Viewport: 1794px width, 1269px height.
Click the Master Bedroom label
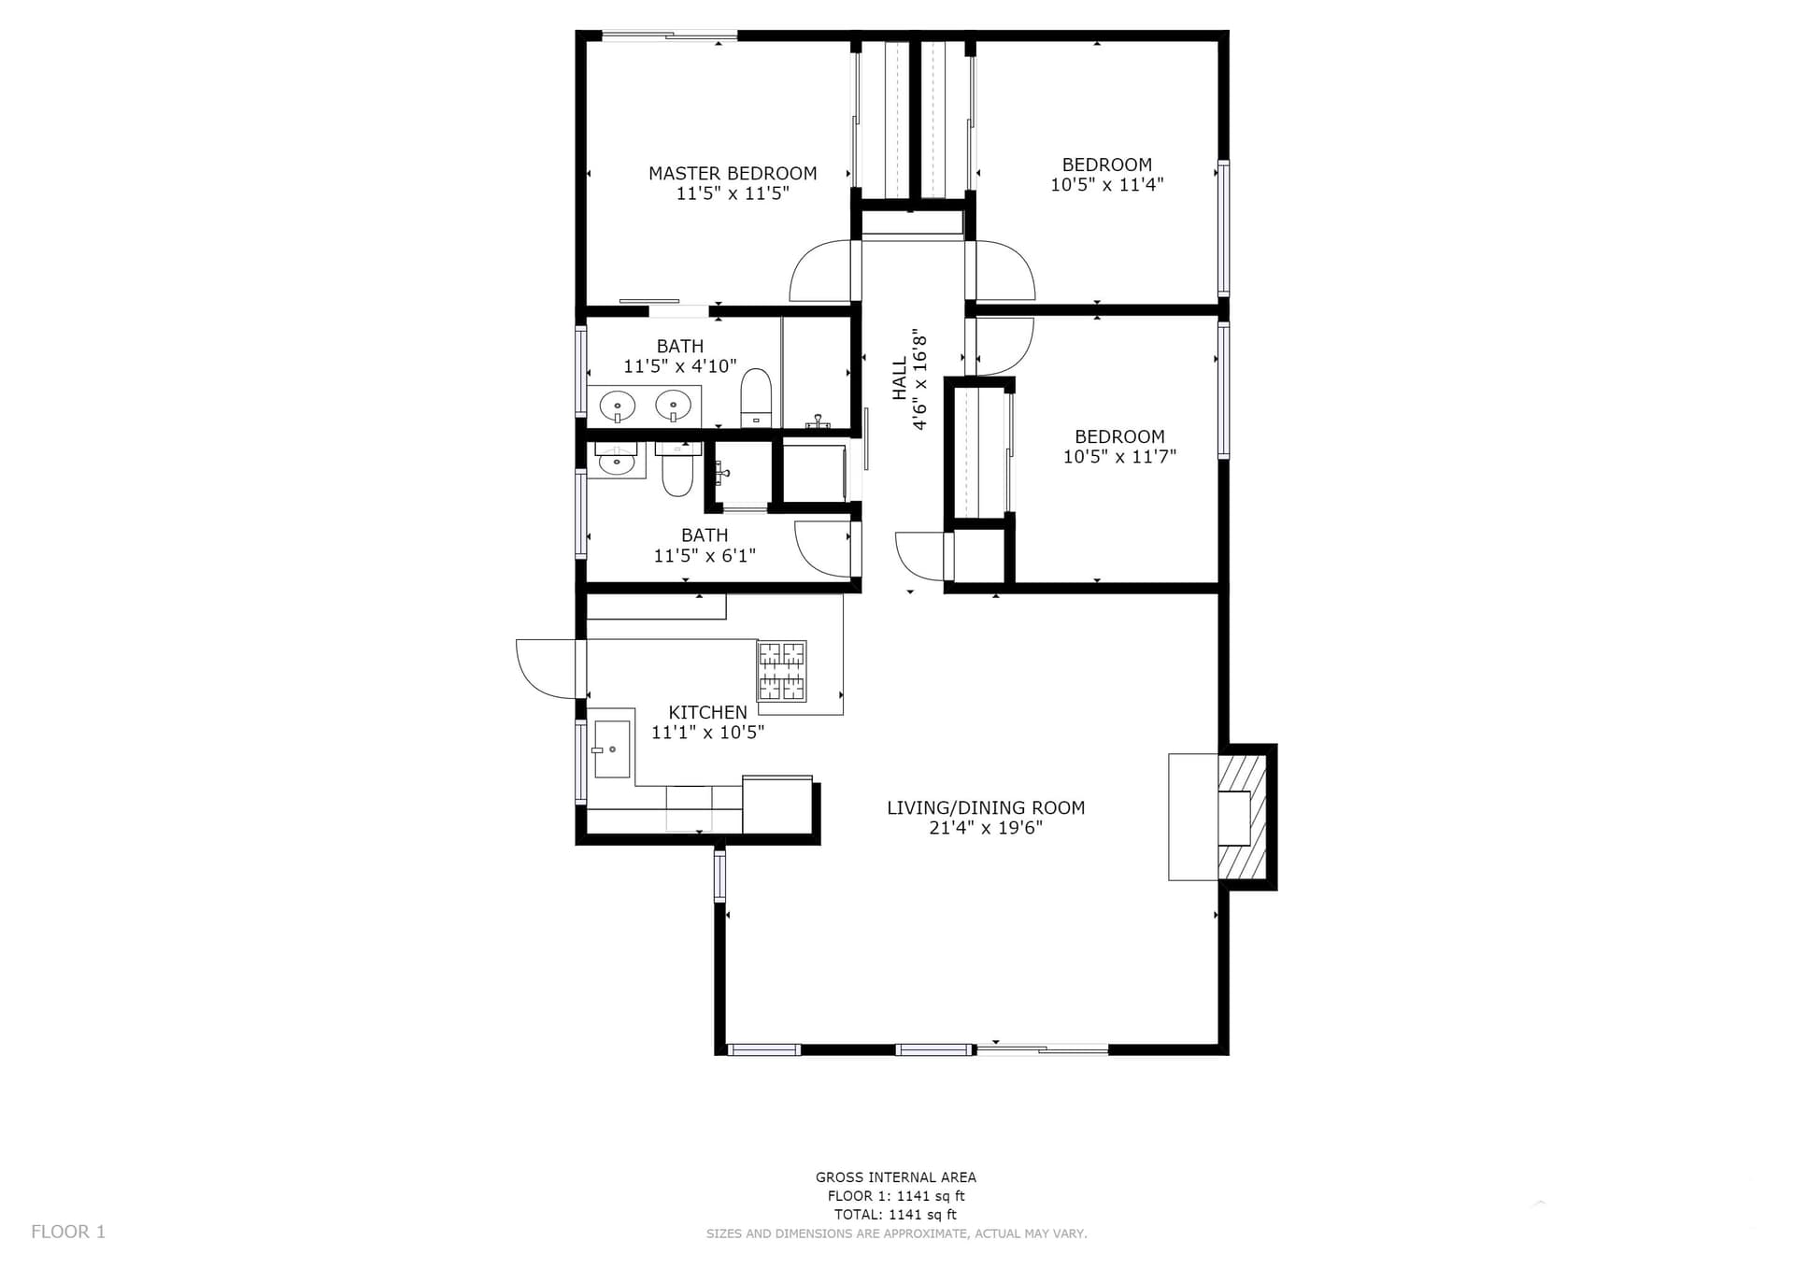pos(733,174)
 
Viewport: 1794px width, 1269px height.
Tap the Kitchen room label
pos(707,712)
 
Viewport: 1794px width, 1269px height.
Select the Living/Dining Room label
pos(986,807)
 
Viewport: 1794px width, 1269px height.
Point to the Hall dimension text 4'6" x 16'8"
pos(920,378)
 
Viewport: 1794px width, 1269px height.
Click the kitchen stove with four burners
pos(781,671)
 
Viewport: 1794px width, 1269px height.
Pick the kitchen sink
pos(612,749)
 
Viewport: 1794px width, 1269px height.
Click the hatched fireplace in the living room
pos(1241,818)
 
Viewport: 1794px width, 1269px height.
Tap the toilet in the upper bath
pos(756,397)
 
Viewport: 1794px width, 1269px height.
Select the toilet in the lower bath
pos(676,470)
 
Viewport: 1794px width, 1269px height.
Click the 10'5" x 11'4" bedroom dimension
pos(1106,185)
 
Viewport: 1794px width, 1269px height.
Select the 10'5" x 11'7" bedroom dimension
pos(1119,457)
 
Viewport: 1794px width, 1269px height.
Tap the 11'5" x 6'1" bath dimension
pos(705,556)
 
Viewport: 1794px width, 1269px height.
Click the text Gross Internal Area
pos(896,1177)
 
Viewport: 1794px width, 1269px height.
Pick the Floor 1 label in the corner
pos(68,1232)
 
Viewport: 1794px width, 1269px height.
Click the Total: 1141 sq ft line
pos(896,1215)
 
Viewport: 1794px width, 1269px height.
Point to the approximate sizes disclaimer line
pos(897,1233)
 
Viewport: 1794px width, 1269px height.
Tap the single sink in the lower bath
pos(616,460)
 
